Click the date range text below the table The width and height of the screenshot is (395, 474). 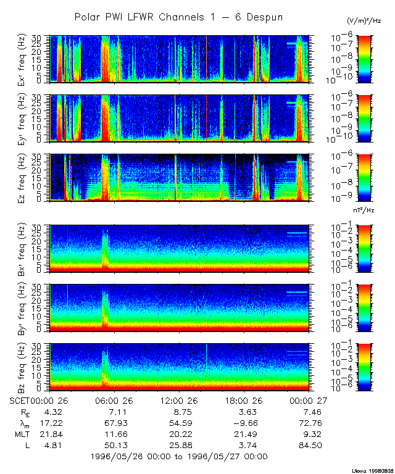[178, 456]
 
